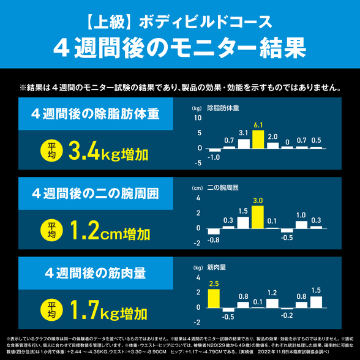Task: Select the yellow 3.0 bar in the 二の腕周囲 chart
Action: click(258, 216)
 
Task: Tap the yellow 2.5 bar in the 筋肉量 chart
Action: click(214, 298)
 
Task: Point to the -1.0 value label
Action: click(214, 157)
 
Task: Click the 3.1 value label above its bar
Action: click(243, 133)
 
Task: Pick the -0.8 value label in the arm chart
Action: click(214, 239)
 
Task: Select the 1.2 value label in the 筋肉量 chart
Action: click(272, 293)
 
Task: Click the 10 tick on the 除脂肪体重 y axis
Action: click(198, 118)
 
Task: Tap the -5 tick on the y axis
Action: click(198, 163)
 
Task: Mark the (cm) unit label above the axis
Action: click(197, 188)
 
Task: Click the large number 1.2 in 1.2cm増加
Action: click(86, 231)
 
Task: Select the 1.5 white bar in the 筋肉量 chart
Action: click(316, 301)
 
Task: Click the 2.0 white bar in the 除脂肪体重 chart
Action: click(272, 144)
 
